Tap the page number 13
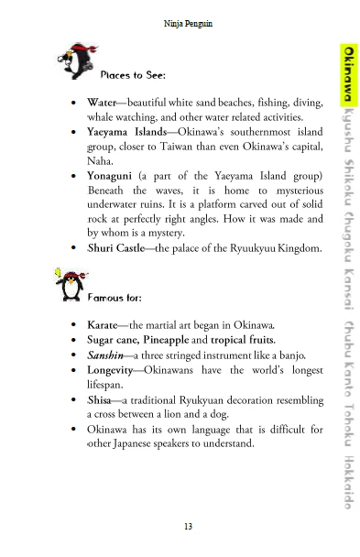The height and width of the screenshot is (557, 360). (188, 525)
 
